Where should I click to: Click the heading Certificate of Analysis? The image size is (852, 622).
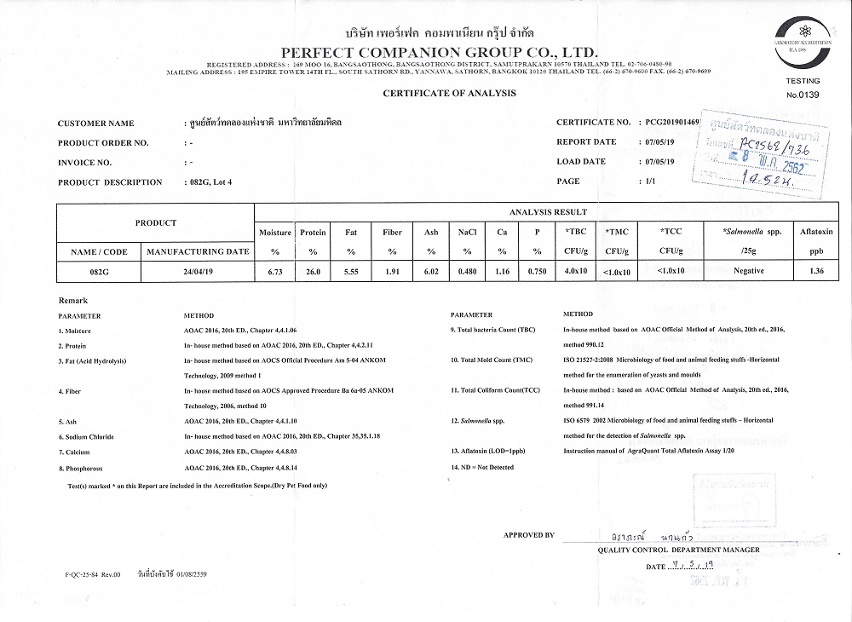point(449,92)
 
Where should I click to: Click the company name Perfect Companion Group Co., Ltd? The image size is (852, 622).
point(426,50)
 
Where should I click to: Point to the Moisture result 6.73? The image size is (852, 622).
point(274,271)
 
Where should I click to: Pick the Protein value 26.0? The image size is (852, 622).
point(313,271)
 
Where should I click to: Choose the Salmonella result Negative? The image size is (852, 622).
point(749,271)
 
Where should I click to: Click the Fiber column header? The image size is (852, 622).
point(392,231)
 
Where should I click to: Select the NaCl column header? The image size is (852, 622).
point(467,231)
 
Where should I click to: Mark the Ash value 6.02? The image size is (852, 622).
point(431,271)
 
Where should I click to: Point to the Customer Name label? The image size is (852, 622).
point(95,124)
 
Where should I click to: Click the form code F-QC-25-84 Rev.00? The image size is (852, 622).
point(93,575)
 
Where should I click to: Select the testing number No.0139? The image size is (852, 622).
point(802,95)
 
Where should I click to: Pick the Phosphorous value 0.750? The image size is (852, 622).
point(537,271)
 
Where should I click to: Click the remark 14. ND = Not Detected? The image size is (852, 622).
point(482,468)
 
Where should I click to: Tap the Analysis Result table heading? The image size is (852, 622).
point(547,212)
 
